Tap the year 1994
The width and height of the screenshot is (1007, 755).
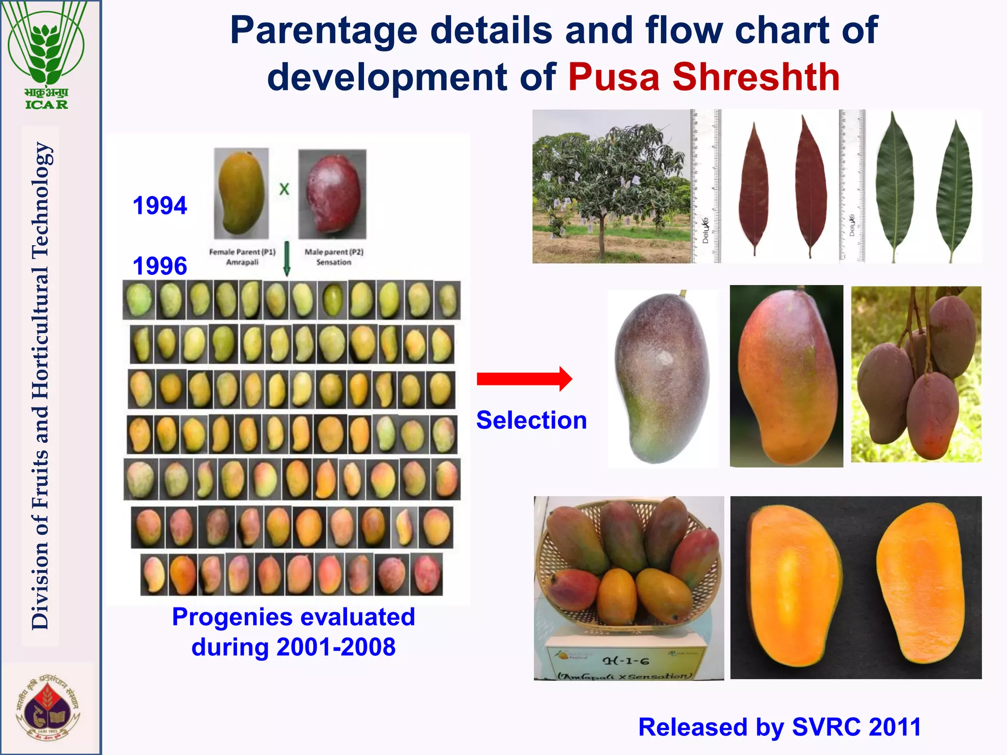click(160, 205)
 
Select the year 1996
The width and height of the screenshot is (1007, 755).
click(160, 266)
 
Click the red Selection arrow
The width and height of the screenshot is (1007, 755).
click(524, 379)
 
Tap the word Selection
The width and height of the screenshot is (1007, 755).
click(532, 420)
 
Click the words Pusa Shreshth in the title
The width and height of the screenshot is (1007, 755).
click(704, 77)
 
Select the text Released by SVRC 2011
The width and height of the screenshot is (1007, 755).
click(779, 727)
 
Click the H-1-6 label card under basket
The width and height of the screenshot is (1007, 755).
click(627, 664)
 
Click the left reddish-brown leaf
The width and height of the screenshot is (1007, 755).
click(753, 189)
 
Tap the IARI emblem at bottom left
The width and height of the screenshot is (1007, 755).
click(48, 707)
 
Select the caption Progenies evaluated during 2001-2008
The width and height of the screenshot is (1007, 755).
click(294, 632)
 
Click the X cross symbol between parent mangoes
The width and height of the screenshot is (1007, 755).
click(284, 189)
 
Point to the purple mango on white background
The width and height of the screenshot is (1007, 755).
click(661, 377)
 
